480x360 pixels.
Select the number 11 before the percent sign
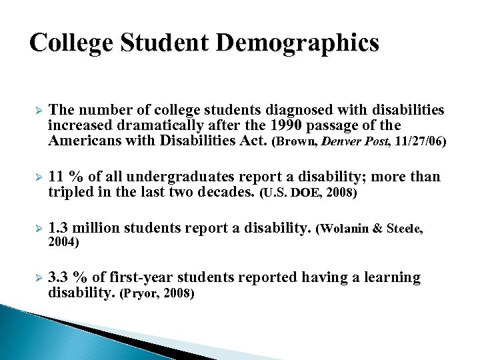point(57,177)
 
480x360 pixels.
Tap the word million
point(96,228)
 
